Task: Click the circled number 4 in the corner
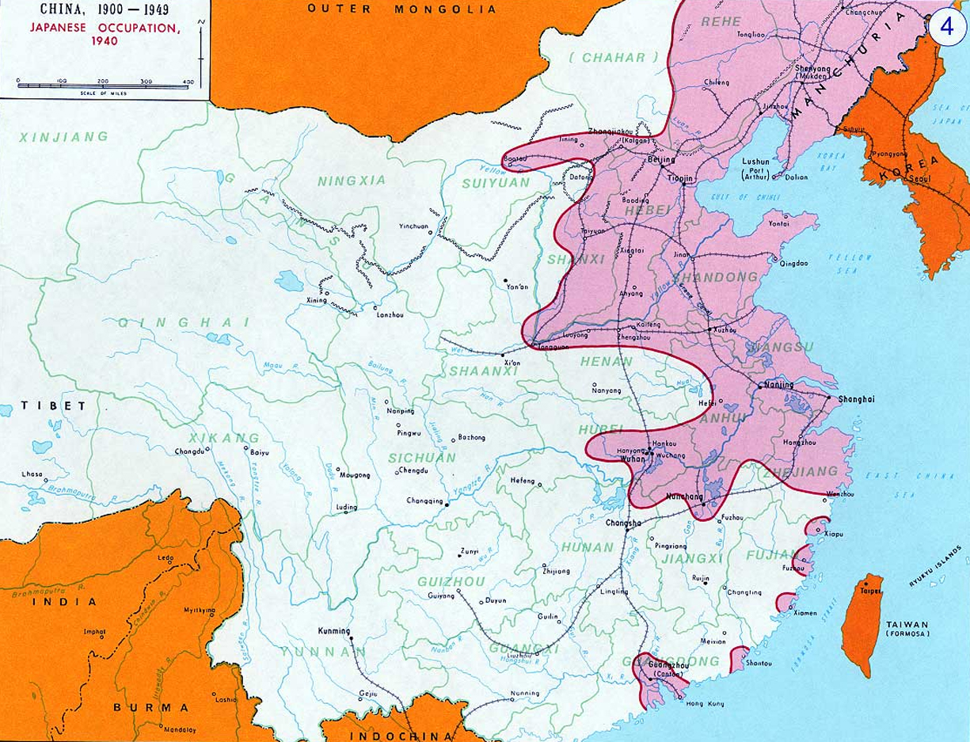point(946,26)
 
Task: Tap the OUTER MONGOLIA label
point(401,10)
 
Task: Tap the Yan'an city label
point(515,287)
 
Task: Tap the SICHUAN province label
point(410,457)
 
